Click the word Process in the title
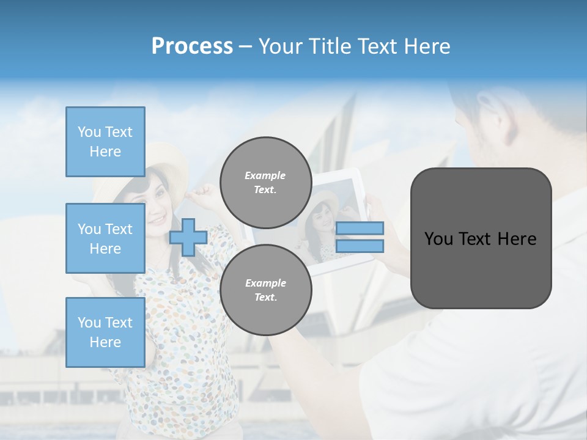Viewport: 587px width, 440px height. tap(192, 46)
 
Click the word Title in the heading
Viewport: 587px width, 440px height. tap(328, 46)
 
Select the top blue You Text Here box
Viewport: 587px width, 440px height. tap(105, 142)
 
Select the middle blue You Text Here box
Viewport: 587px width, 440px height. tap(105, 238)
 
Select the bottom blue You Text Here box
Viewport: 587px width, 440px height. tap(105, 332)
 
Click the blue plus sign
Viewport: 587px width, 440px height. tap(188, 238)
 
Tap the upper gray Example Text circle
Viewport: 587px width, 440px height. tap(265, 183)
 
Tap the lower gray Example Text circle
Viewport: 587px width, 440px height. tap(265, 290)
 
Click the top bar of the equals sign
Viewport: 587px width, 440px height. tap(360, 229)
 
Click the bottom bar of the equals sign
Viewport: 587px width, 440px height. tap(360, 246)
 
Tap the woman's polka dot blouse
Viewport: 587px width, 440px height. tap(183, 342)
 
